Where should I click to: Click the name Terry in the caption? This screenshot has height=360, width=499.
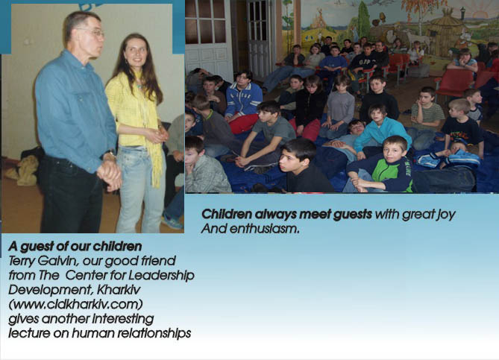pos(22,261)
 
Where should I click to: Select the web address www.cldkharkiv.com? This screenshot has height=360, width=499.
pos(75,304)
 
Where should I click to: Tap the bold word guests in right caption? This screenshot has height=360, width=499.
pos(352,215)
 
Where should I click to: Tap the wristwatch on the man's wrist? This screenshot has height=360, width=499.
pos(109,155)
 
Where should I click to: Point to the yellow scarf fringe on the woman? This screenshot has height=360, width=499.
pos(157,168)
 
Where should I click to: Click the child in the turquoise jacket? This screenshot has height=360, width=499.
pos(381,127)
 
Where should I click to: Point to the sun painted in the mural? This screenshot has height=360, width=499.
pos(480,14)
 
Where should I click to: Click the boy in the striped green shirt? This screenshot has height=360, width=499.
pos(425,115)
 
